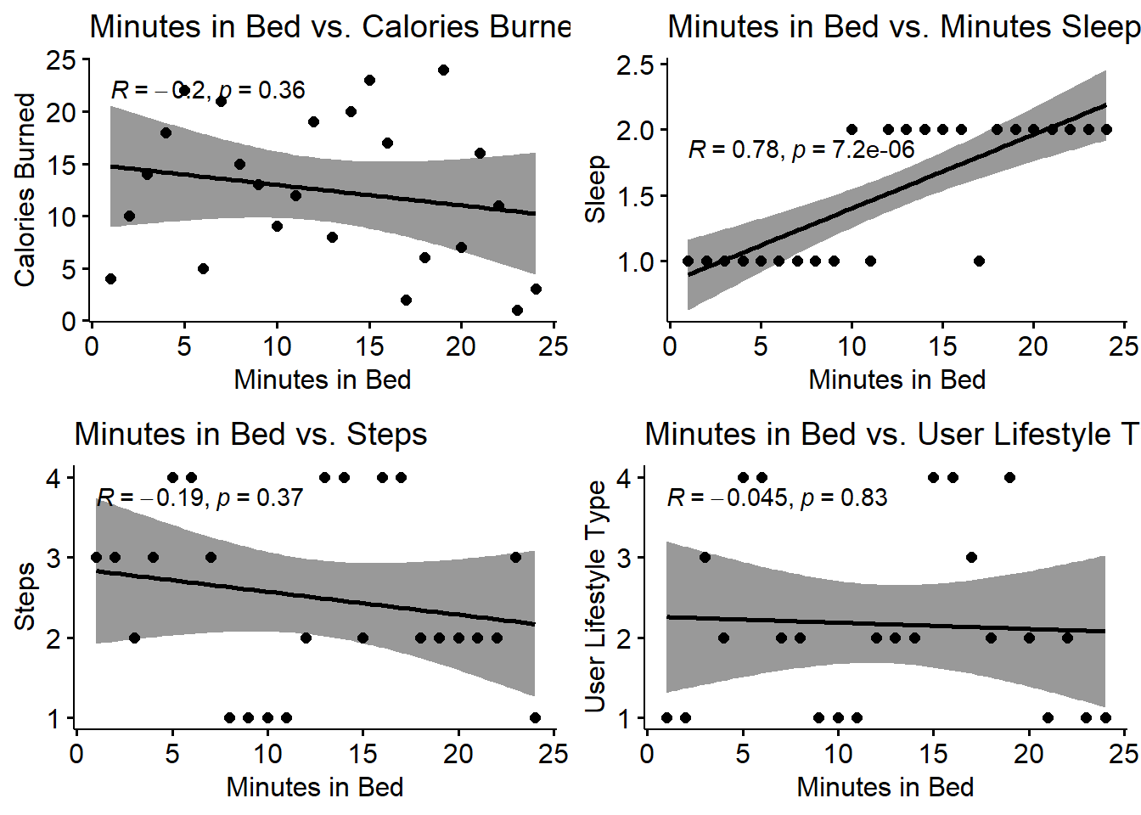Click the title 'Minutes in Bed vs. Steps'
point(250,435)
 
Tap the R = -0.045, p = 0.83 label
point(777,497)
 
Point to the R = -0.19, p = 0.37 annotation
point(200,497)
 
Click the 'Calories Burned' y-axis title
point(25,190)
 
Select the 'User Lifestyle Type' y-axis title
point(596,596)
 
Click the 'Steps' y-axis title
point(25,596)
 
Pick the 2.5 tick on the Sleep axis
point(636,65)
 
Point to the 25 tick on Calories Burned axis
point(61,60)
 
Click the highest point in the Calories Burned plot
point(443,70)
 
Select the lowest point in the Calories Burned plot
point(517,310)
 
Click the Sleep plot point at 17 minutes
point(979,261)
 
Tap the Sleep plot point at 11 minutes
point(870,261)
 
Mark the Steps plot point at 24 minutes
point(535,717)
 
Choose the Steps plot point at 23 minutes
point(515,558)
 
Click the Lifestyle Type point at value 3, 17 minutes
point(971,558)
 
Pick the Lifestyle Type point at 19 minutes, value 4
point(1009,478)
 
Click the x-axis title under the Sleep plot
point(896,379)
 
